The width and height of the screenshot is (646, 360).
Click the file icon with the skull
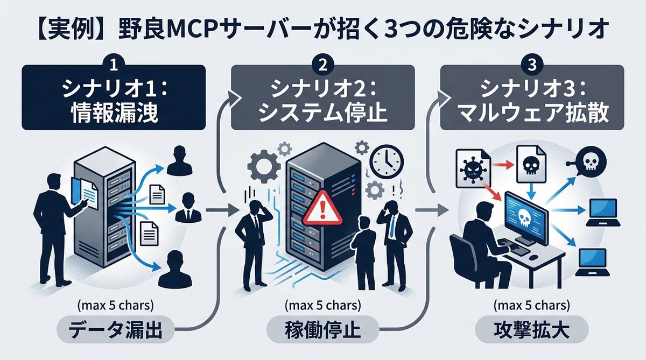[x=531, y=164]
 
